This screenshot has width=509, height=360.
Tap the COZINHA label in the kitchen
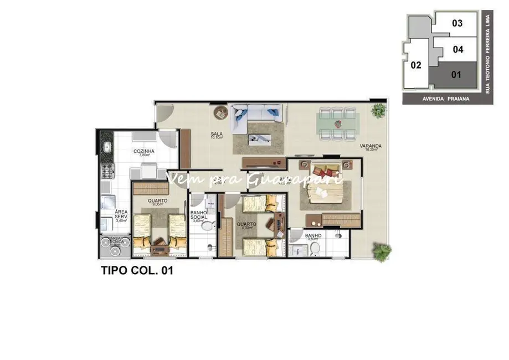pos(143,152)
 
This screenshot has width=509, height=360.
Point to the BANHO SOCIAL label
pos(198,215)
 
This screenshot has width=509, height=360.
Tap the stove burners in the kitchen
pos(107,172)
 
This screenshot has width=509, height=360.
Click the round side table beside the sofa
pos(221,112)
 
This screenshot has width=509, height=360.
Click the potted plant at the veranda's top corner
pos(379,111)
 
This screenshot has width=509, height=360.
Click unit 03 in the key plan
pos(457,23)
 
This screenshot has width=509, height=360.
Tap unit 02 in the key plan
pos(416,65)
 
